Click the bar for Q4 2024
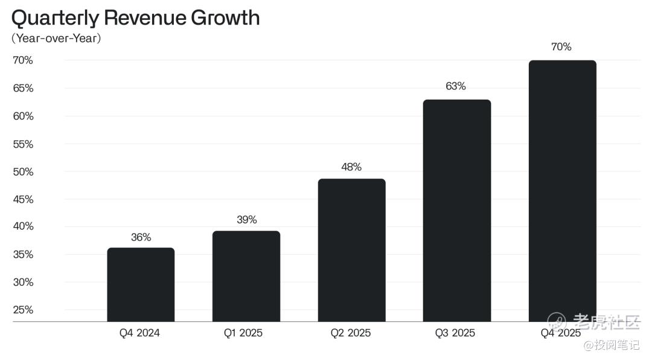pyautogui.click(x=141, y=284)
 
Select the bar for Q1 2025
pyautogui.click(x=246, y=276)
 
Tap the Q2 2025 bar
pyautogui.click(x=351, y=250)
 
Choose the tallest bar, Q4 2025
pyautogui.click(x=562, y=191)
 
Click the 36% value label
pyautogui.click(x=141, y=237)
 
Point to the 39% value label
pyautogui.click(x=246, y=220)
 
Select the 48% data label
pyautogui.click(x=351, y=167)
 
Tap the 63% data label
pyautogui.click(x=456, y=86)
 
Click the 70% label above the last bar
pyautogui.click(x=561, y=47)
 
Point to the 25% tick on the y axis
pyautogui.click(x=23, y=310)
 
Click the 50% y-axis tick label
pyautogui.click(x=23, y=172)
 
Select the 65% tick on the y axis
pyautogui.click(x=23, y=88)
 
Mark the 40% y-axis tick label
pyautogui.click(x=23, y=227)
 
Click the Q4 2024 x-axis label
pyautogui.click(x=139, y=333)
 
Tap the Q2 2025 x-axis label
pyautogui.click(x=351, y=333)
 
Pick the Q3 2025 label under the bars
pyautogui.click(x=455, y=333)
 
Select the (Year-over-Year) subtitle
pyautogui.click(x=56, y=39)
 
